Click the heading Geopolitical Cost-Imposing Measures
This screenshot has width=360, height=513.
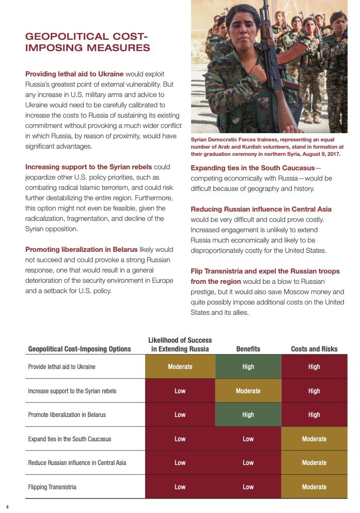(x=88, y=42)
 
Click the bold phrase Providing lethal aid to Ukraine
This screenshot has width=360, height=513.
(x=74, y=74)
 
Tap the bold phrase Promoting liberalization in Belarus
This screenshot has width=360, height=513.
(x=85, y=249)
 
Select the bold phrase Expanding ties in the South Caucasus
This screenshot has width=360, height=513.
(x=253, y=168)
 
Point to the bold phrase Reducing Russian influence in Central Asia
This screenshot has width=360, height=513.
(x=261, y=209)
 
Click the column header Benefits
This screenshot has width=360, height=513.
(x=248, y=349)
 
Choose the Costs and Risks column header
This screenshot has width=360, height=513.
(x=314, y=349)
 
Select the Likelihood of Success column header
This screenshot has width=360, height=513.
(x=180, y=345)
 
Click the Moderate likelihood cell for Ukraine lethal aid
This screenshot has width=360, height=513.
(x=180, y=367)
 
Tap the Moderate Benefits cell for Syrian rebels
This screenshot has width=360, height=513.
(x=248, y=391)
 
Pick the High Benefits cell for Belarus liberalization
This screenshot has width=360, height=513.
(x=248, y=414)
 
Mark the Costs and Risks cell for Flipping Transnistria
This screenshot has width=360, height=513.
(x=314, y=487)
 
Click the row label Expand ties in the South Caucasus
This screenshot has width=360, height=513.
(x=69, y=439)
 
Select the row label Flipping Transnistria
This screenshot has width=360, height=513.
(x=52, y=487)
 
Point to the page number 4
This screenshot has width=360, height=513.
(x=7, y=506)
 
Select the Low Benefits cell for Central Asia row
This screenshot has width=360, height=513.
(x=248, y=462)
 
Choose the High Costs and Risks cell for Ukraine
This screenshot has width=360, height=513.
(x=314, y=367)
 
